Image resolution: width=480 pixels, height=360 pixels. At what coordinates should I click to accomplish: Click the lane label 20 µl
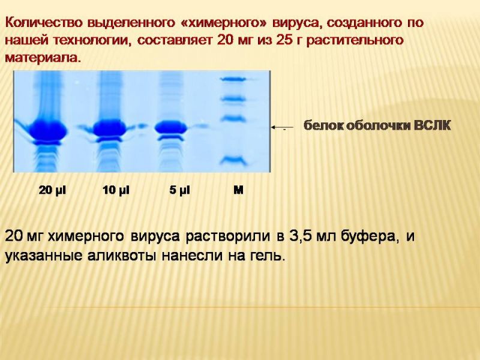tap(52, 190)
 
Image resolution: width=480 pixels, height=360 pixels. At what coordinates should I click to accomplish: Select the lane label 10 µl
tap(116, 190)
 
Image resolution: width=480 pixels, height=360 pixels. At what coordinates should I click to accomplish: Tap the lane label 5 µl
tap(179, 190)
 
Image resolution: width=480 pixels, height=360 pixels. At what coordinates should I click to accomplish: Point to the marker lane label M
tap(238, 190)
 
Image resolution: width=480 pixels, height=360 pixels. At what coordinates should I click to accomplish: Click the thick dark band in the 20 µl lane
tap(48, 130)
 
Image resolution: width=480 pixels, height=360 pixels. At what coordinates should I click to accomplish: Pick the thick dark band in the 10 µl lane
tap(110, 128)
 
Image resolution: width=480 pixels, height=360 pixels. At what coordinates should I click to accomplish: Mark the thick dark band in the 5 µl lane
tap(170, 127)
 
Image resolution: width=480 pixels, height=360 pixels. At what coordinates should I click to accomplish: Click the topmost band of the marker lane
tap(233, 79)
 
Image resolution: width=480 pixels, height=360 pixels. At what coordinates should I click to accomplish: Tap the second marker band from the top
tap(233, 98)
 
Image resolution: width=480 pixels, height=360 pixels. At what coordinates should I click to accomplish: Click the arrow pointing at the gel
tap(282, 127)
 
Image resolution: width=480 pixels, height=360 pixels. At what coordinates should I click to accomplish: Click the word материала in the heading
tap(43, 58)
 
